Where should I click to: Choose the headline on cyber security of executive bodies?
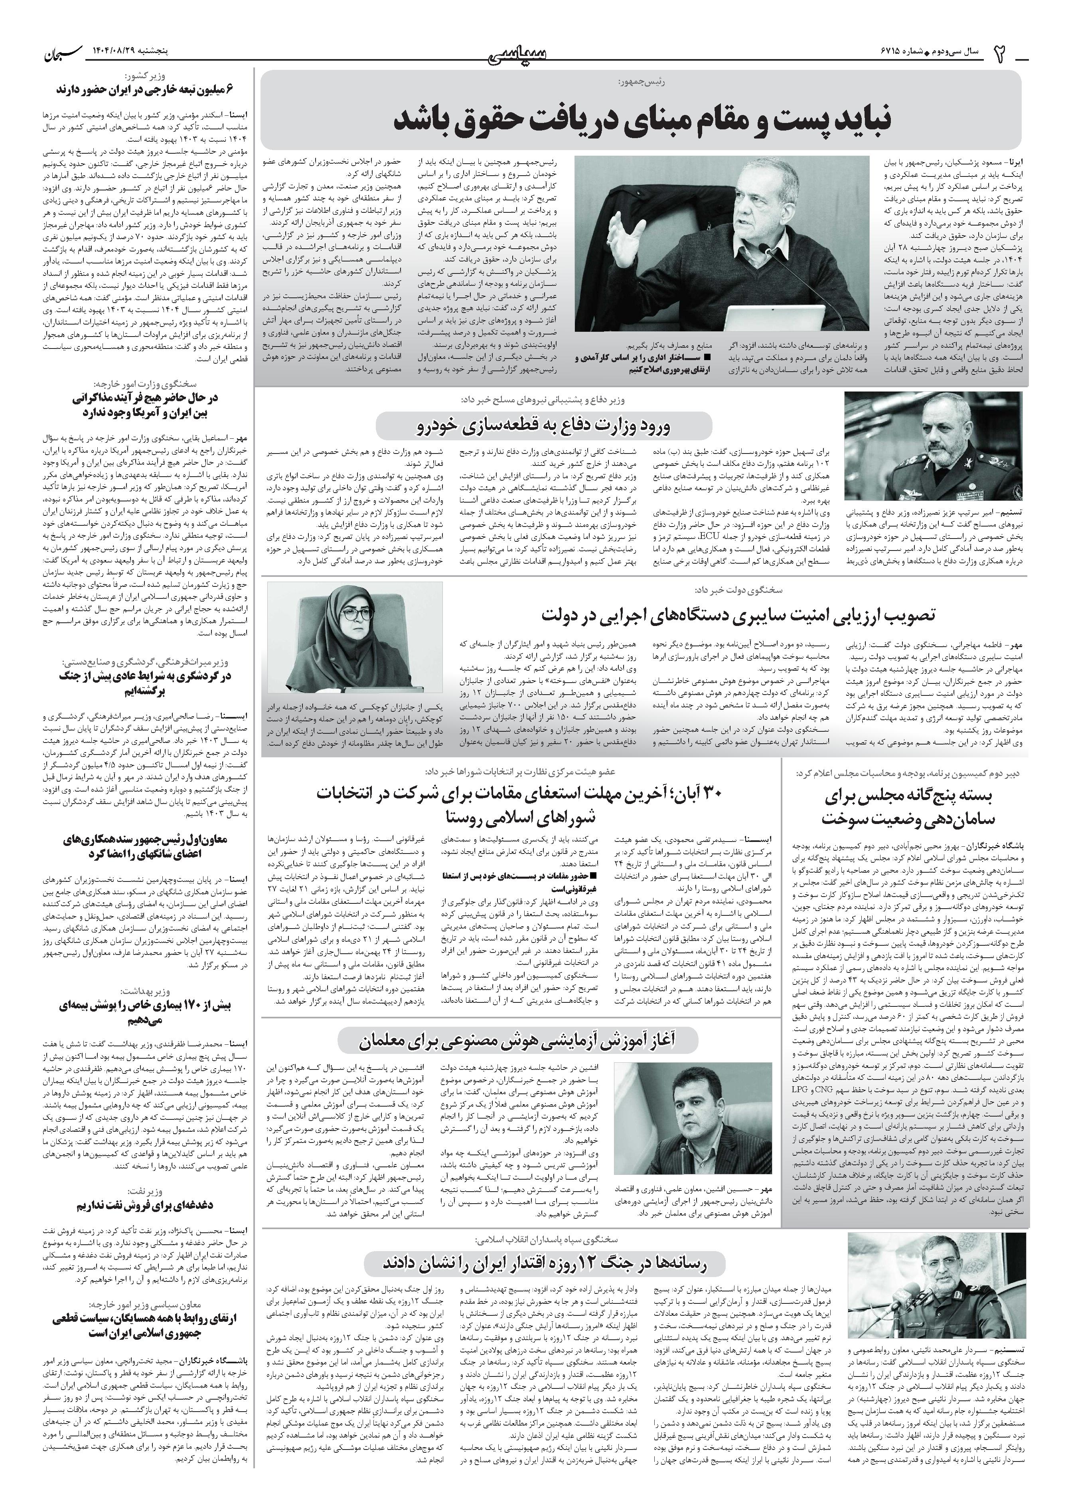pos(738,615)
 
